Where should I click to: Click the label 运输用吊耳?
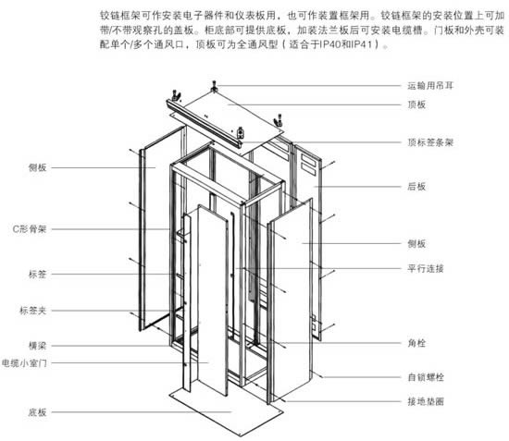coord(430,86)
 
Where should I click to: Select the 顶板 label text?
coord(416,104)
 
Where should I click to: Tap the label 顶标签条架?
coord(430,142)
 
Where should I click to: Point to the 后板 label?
coord(416,187)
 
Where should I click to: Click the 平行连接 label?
coord(426,268)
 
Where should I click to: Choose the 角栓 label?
coord(416,343)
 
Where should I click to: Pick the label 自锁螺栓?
coord(426,377)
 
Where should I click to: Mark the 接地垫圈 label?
coord(426,401)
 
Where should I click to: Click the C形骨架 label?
coord(30,229)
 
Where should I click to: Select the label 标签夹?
coord(33,311)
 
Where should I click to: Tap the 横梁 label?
coord(38,346)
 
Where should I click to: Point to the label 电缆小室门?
coord(24,362)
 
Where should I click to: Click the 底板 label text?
coord(38,412)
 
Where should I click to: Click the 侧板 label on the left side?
coord(38,167)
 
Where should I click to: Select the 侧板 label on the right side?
coord(416,243)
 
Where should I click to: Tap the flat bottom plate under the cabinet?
coord(226,411)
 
